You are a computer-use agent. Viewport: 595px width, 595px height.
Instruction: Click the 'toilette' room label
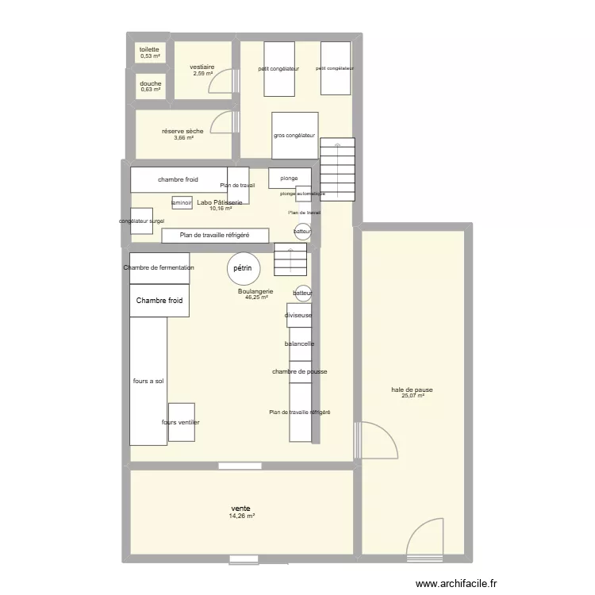[x=150, y=49]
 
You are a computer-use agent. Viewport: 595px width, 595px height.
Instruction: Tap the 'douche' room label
[x=151, y=83]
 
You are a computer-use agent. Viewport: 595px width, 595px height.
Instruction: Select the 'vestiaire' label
[x=202, y=67]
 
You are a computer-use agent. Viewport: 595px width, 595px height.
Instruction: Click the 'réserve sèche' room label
[x=182, y=131]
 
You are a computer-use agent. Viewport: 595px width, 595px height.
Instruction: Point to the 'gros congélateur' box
[x=294, y=136]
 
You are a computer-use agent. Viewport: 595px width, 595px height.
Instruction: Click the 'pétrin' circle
[x=242, y=269]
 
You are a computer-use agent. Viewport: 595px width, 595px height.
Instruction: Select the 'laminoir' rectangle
[x=182, y=202]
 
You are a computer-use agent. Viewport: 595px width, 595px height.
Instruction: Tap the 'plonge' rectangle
[x=289, y=178]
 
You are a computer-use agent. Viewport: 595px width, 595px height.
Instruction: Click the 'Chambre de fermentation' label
[x=159, y=268]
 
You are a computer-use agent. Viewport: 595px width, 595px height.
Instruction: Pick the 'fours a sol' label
[x=148, y=381]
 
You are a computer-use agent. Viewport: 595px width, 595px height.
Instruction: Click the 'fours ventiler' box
[x=181, y=423]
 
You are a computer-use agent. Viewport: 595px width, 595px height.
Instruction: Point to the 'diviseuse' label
[x=299, y=316]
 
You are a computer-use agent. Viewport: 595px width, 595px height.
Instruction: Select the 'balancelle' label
[x=300, y=344]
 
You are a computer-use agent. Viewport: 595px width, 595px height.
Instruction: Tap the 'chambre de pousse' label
[x=300, y=371]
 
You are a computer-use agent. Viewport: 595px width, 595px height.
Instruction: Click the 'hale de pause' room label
[x=412, y=390]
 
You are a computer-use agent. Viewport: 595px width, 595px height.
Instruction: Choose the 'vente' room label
[x=241, y=509]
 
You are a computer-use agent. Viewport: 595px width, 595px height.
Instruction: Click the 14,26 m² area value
[x=241, y=516]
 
